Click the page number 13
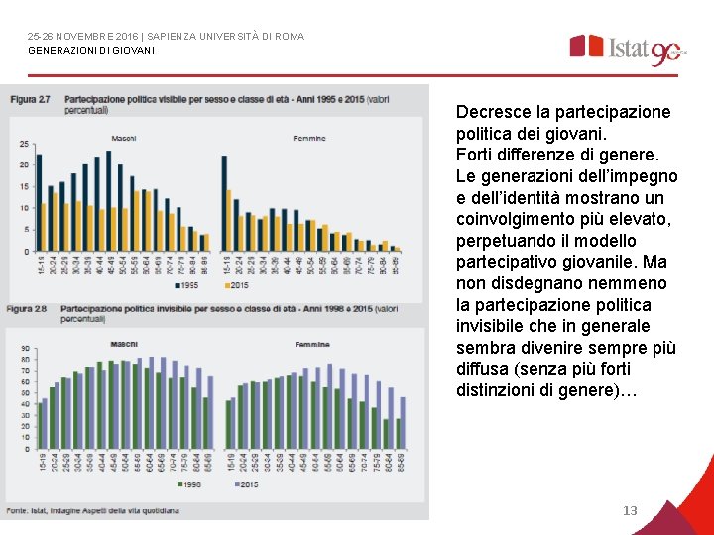[x=629, y=511]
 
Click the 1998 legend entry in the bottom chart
[x=188, y=485]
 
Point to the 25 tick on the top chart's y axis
[x=24, y=144]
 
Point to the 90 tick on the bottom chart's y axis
[x=24, y=348]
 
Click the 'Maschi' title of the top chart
[x=124, y=137]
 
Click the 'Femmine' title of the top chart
[x=309, y=138]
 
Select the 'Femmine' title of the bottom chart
[x=312, y=344]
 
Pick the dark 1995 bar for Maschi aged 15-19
[x=38, y=202]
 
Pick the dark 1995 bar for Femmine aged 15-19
[x=224, y=202]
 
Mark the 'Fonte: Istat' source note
[x=94, y=510]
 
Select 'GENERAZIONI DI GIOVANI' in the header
[x=91, y=50]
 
